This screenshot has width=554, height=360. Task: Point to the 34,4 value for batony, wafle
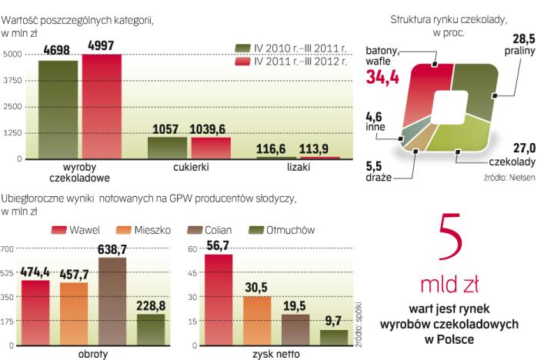[x=385, y=75]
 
